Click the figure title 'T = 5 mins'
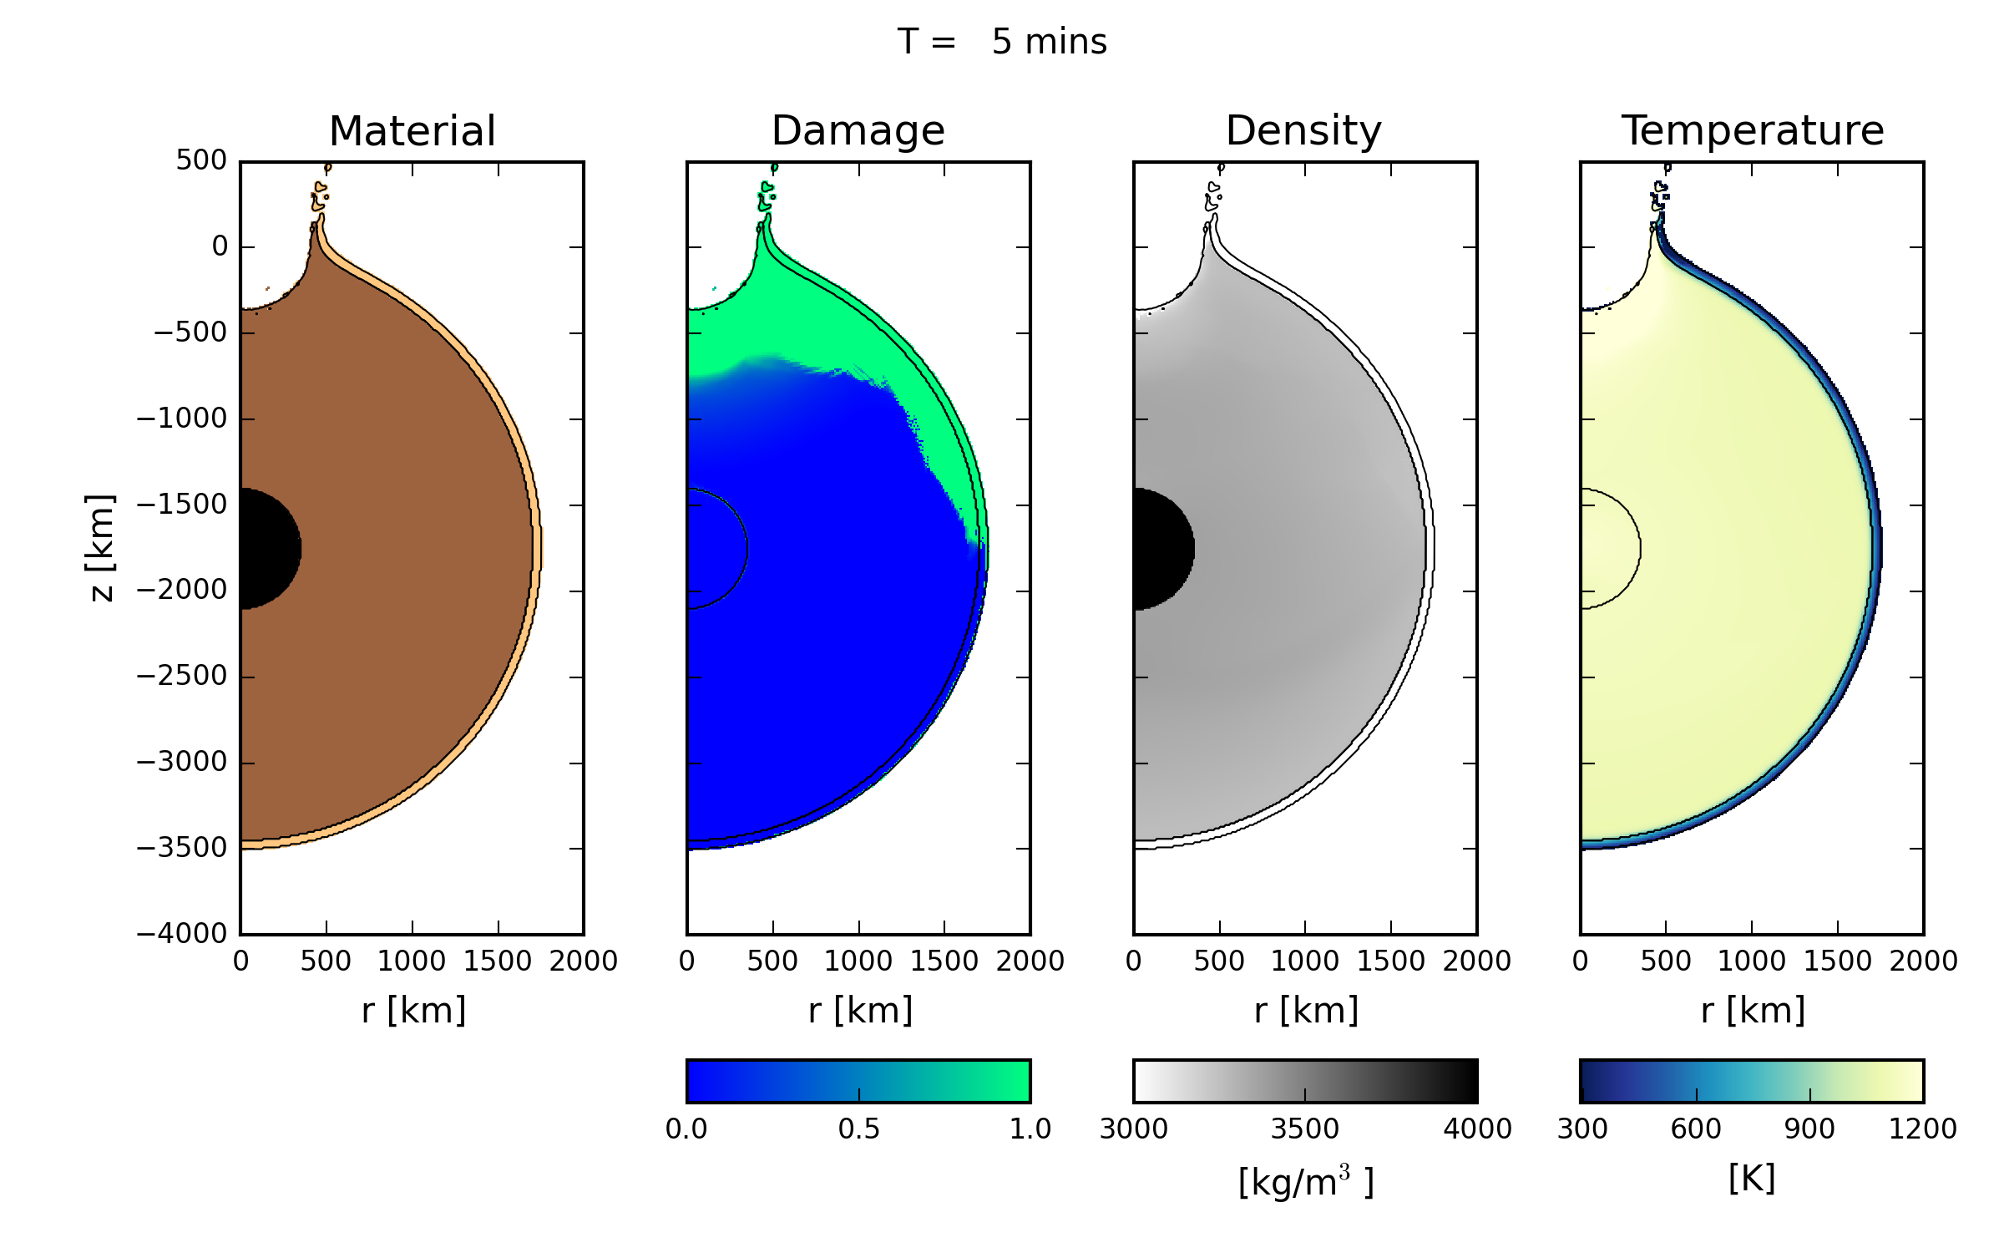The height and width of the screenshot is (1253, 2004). click(1001, 42)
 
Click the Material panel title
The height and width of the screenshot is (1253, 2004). click(412, 131)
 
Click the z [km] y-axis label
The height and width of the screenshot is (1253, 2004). click(100, 547)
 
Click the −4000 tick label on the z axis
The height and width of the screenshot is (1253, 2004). click(182, 933)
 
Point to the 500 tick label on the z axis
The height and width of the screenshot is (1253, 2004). click(200, 160)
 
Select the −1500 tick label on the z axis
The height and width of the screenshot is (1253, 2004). click(182, 505)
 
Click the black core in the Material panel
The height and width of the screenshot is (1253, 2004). click(267, 549)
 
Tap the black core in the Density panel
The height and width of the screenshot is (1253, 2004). click(1161, 549)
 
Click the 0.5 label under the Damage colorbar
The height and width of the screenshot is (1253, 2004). click(858, 1129)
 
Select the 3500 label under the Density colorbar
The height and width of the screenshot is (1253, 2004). click(1304, 1129)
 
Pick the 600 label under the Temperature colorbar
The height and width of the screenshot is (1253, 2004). click(1696, 1129)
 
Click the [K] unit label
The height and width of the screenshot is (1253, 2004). click(1751, 1179)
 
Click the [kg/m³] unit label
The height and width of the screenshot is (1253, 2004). click(1305, 1182)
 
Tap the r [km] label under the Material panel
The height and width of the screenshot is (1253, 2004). click(413, 1011)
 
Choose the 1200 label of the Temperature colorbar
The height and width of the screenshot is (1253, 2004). click(1922, 1129)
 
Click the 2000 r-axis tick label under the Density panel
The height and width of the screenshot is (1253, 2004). click(1476, 961)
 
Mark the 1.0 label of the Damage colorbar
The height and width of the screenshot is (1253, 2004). click(1030, 1129)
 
